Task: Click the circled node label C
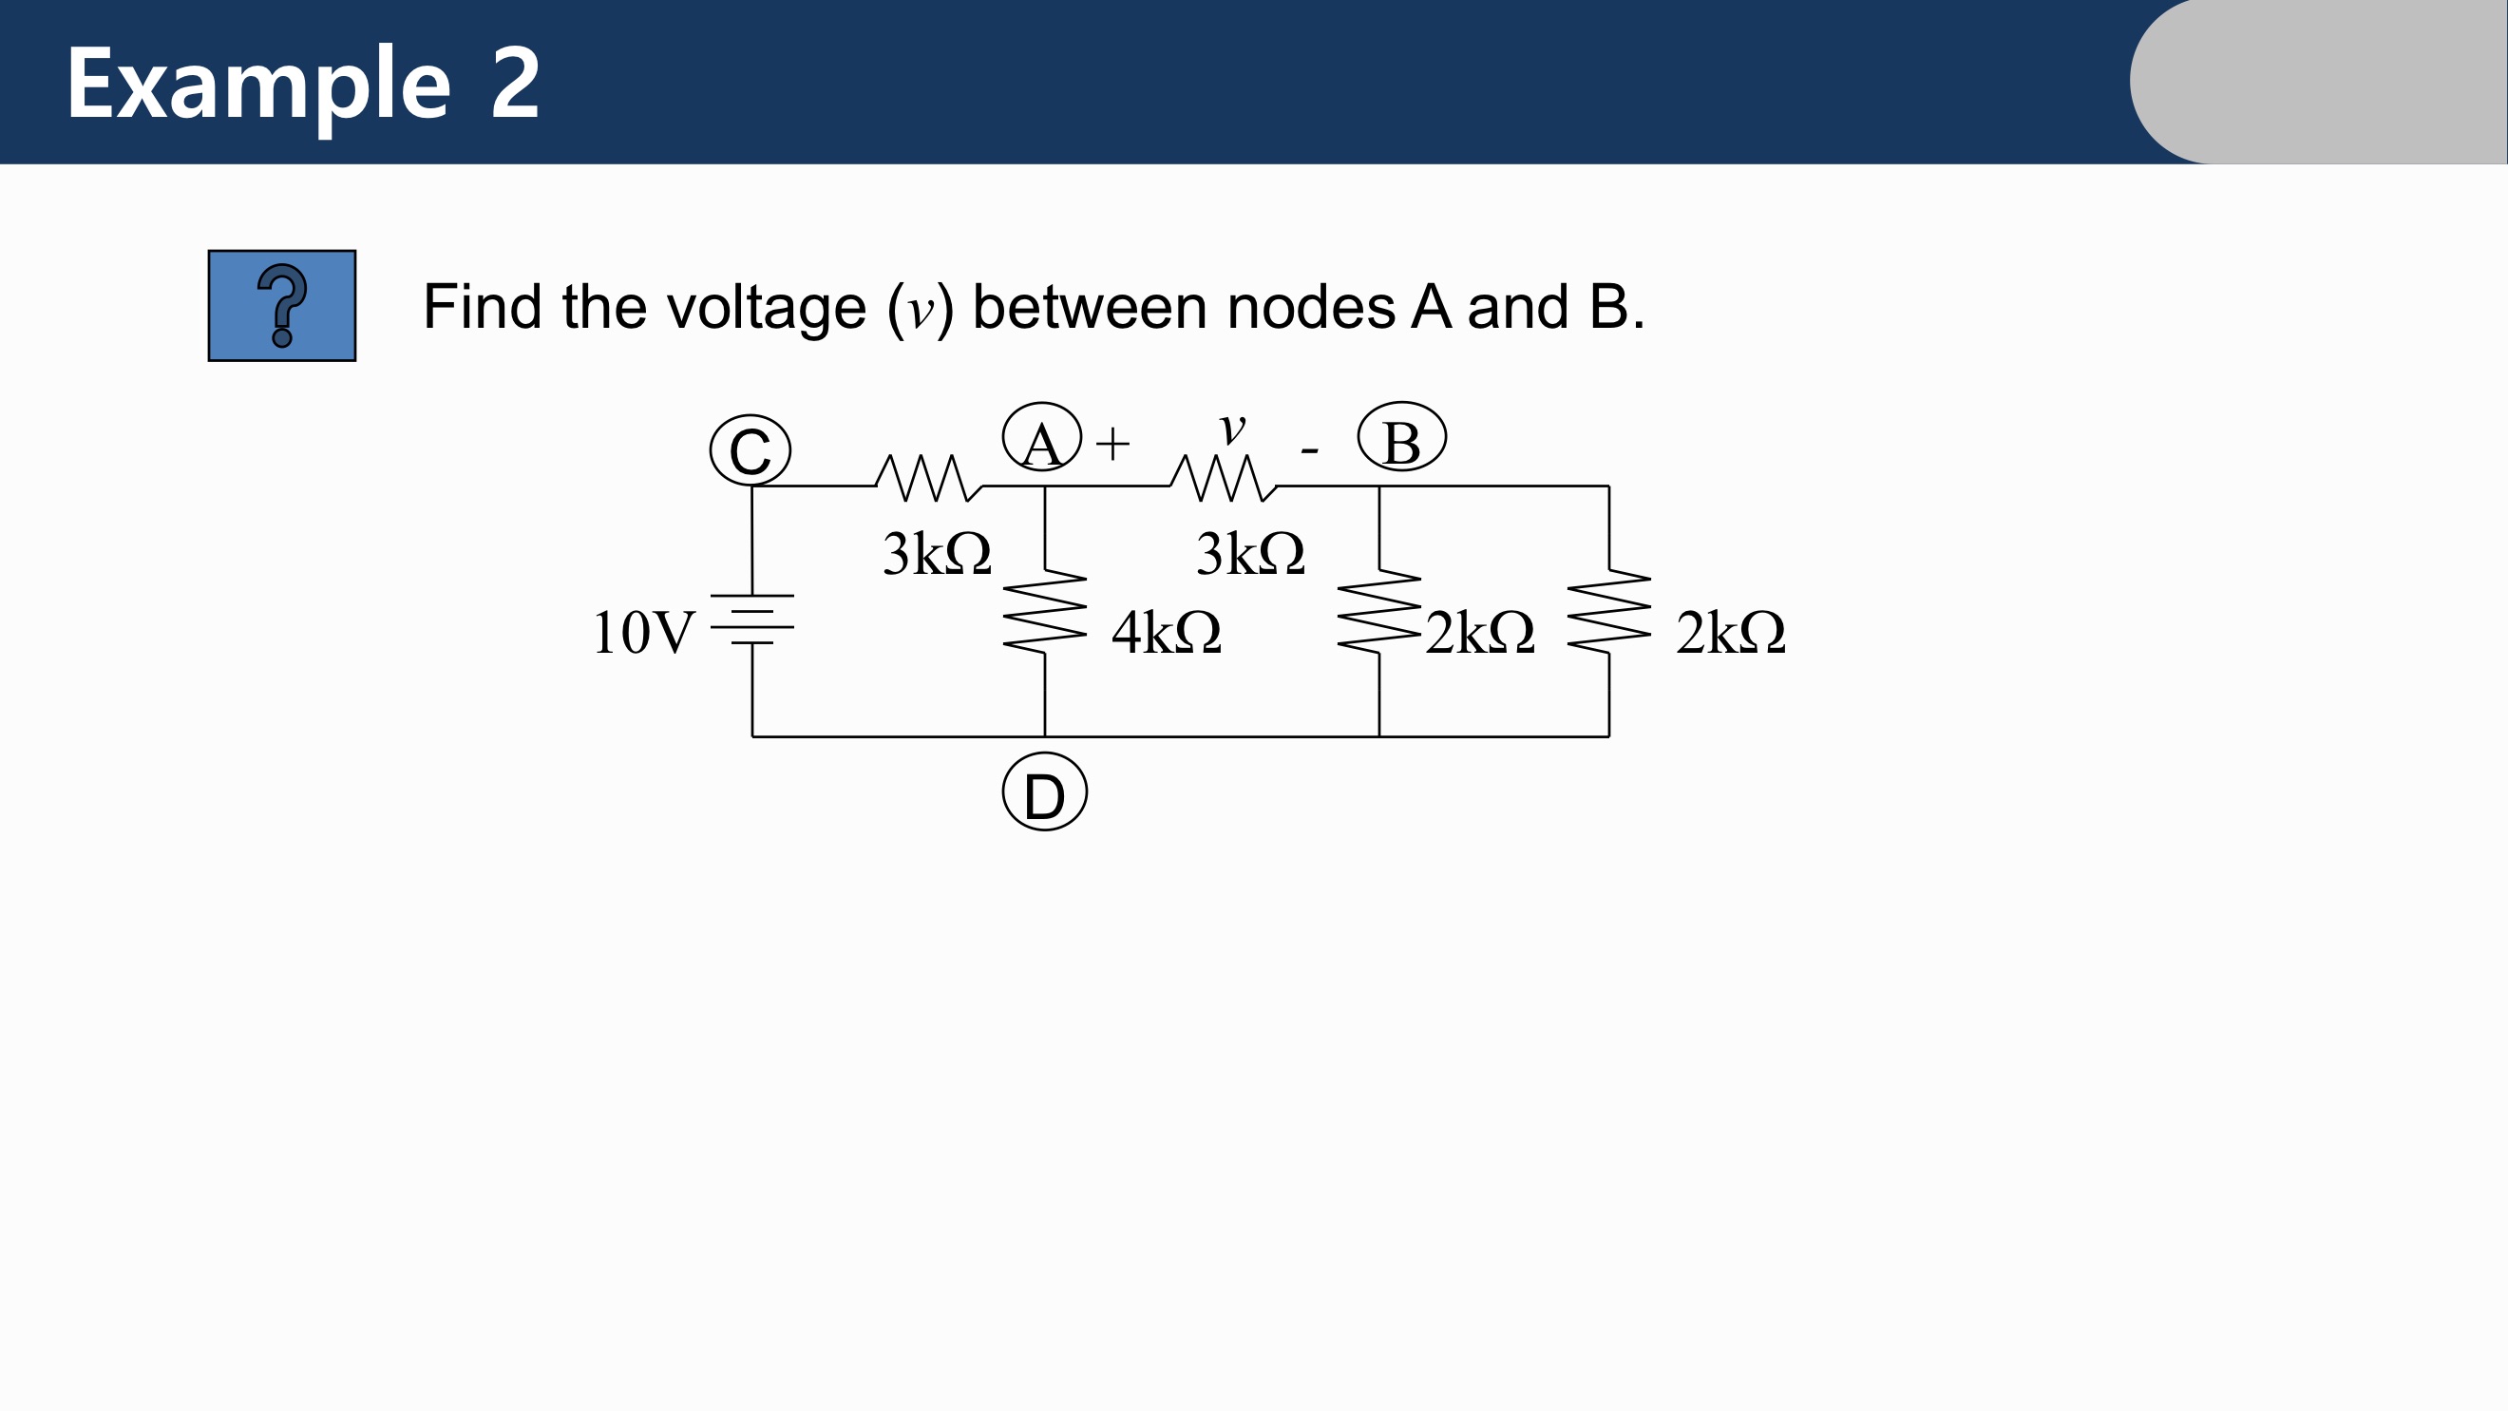click(x=750, y=449)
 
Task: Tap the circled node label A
click(x=1042, y=437)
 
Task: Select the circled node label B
click(x=1402, y=437)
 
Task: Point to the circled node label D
click(x=1045, y=792)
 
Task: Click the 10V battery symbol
click(x=751, y=620)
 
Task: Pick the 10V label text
click(x=643, y=633)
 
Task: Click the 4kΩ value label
click(x=1167, y=633)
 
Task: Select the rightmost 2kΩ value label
click(x=1730, y=633)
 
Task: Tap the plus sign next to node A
click(x=1112, y=444)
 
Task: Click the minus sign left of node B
click(x=1309, y=449)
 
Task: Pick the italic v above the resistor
click(x=1232, y=428)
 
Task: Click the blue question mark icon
click(x=282, y=306)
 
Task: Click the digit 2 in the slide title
click(x=515, y=84)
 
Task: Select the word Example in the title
click(x=259, y=86)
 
